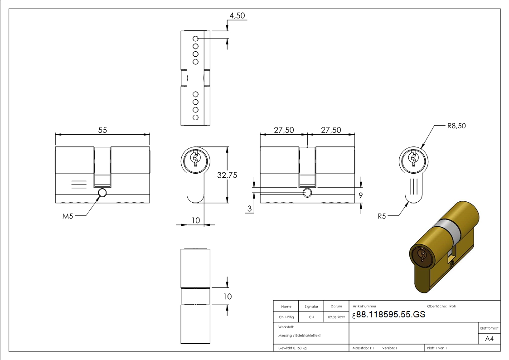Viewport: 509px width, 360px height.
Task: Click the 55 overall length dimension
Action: coord(102,130)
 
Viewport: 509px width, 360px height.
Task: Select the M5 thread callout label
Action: coord(68,216)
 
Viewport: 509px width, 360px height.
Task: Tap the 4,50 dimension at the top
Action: coord(237,16)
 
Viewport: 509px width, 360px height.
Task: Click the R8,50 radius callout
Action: coord(456,126)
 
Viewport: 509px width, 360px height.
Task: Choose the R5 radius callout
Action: coord(382,216)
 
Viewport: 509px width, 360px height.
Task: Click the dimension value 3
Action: coord(250,208)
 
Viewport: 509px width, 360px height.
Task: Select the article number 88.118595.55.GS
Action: coord(391,315)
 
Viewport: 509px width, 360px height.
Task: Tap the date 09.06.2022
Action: coord(336,317)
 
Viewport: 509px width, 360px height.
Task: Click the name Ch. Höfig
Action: coord(286,317)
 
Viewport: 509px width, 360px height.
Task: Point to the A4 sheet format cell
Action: coord(490,339)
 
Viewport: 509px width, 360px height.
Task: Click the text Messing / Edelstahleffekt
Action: coord(300,336)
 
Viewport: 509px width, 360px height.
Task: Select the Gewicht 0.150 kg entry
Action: coord(292,348)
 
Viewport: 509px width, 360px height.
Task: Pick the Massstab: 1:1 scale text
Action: coord(363,348)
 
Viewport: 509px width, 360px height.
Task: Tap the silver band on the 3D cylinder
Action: coord(446,231)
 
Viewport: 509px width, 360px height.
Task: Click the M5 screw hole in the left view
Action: coord(102,193)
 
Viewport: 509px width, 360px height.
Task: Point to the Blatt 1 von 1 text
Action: coord(437,348)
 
